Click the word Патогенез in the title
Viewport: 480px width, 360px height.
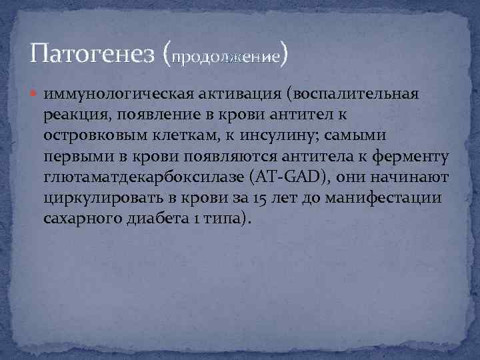pyautogui.click(x=93, y=53)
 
